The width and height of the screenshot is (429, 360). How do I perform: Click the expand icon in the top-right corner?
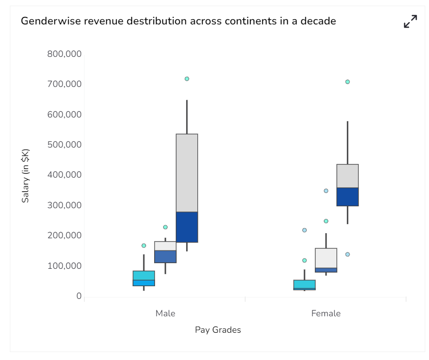point(410,22)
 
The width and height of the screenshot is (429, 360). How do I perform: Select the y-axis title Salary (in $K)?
point(25,176)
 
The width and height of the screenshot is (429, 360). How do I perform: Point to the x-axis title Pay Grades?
point(218,330)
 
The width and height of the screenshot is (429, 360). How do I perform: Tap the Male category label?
point(165,313)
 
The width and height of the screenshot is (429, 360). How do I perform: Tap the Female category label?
point(326,313)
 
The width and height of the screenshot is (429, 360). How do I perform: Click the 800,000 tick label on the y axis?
point(64,54)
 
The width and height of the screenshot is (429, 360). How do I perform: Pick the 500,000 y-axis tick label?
point(64,145)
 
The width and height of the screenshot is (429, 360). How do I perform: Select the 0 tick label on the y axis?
point(79,296)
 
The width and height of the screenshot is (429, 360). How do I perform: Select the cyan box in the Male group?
point(144,278)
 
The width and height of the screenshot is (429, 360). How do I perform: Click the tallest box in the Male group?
point(187,188)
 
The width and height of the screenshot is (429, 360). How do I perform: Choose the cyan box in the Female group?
point(304,285)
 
